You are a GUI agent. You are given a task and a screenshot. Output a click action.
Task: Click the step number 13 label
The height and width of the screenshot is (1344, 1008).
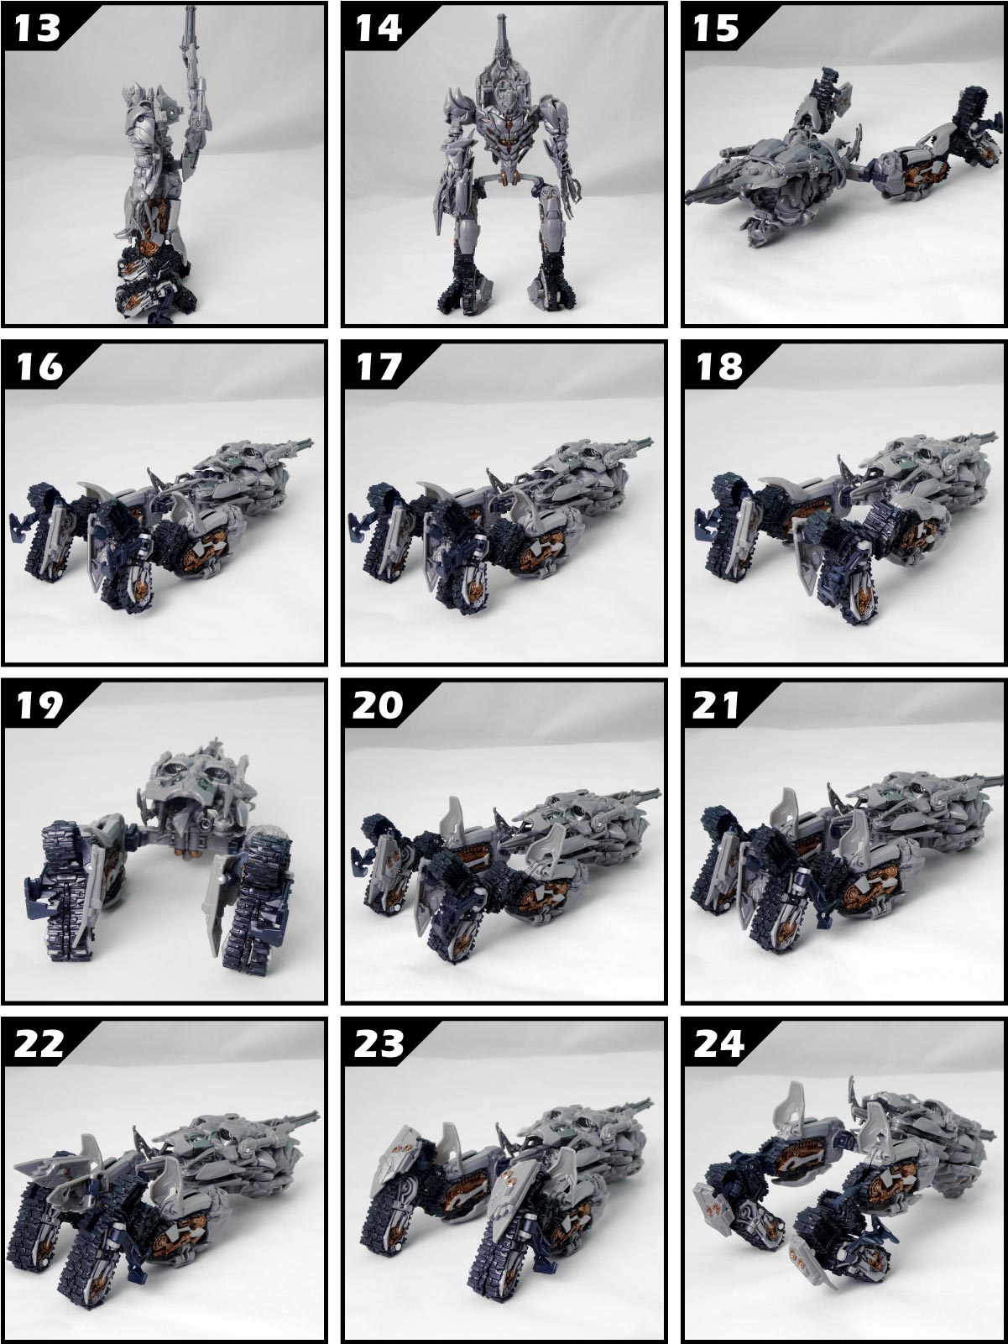coord(38,28)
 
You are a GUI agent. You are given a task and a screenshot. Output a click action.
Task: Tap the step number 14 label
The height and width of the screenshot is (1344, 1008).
coord(379,28)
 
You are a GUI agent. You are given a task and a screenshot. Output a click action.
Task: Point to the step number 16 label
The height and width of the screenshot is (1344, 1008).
coord(38,367)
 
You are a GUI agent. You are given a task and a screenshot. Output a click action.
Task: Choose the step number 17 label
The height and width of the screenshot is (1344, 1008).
coord(379,367)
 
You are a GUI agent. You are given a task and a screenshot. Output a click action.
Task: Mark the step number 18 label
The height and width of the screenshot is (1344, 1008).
coord(718,367)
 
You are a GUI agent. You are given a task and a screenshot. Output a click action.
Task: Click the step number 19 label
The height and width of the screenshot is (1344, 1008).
coord(38,705)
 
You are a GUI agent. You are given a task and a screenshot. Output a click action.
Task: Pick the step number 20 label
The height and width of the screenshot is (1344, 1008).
coord(379,705)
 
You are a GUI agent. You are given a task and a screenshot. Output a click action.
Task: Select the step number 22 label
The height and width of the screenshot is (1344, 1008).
coord(38,1043)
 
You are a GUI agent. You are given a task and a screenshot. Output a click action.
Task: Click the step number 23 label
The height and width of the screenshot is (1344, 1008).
coord(379,1043)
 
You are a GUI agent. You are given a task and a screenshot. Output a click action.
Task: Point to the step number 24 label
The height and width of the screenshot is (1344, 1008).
coord(718,1043)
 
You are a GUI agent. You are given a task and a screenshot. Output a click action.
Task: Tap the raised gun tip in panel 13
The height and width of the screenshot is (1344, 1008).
coord(185,21)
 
